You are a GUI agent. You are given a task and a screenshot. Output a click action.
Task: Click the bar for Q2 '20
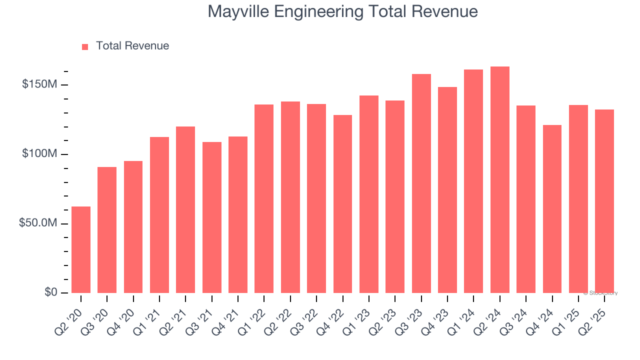click(x=81, y=249)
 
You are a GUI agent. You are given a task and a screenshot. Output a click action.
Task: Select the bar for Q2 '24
click(x=499, y=179)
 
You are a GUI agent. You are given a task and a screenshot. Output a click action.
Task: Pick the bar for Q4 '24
click(x=552, y=208)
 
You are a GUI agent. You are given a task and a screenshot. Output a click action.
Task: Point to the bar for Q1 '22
click(x=264, y=198)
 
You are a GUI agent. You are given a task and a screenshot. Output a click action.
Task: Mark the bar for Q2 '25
click(x=604, y=201)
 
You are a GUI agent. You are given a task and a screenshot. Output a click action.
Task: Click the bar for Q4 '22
click(x=342, y=203)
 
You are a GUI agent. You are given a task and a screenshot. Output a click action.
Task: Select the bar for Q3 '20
click(x=107, y=229)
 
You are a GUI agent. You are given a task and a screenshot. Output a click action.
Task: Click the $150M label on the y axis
click(x=39, y=84)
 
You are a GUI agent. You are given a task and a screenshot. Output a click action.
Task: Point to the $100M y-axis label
click(x=39, y=154)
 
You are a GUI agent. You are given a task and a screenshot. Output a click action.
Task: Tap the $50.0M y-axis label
click(x=37, y=223)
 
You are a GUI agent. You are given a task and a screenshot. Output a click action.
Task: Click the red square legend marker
click(x=85, y=47)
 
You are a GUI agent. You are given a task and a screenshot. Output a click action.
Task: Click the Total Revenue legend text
click(x=132, y=46)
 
